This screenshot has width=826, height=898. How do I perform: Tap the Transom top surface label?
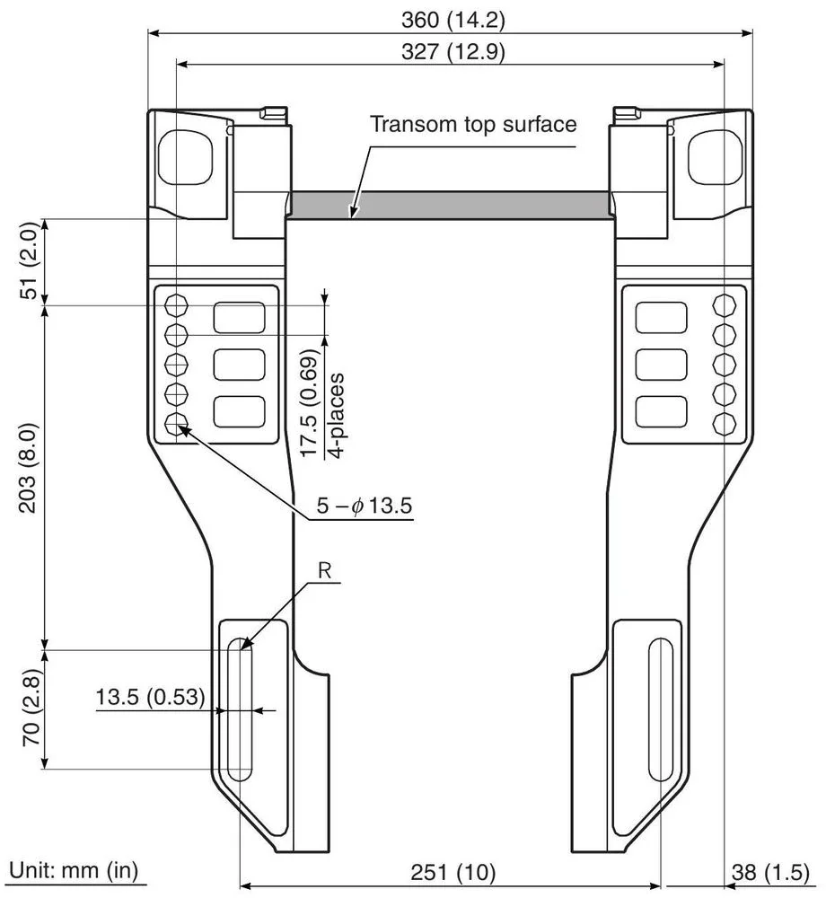click(473, 124)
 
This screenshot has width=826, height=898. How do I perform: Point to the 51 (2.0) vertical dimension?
click(29, 260)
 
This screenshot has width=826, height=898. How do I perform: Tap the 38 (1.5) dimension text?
click(775, 872)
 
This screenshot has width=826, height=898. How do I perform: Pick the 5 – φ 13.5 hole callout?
click(363, 506)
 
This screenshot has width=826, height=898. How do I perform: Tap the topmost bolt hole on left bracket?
click(177, 305)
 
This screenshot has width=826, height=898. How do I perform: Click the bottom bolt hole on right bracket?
click(724, 423)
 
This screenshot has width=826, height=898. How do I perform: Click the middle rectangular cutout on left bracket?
click(239, 365)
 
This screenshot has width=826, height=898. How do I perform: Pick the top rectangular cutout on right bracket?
click(662, 317)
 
